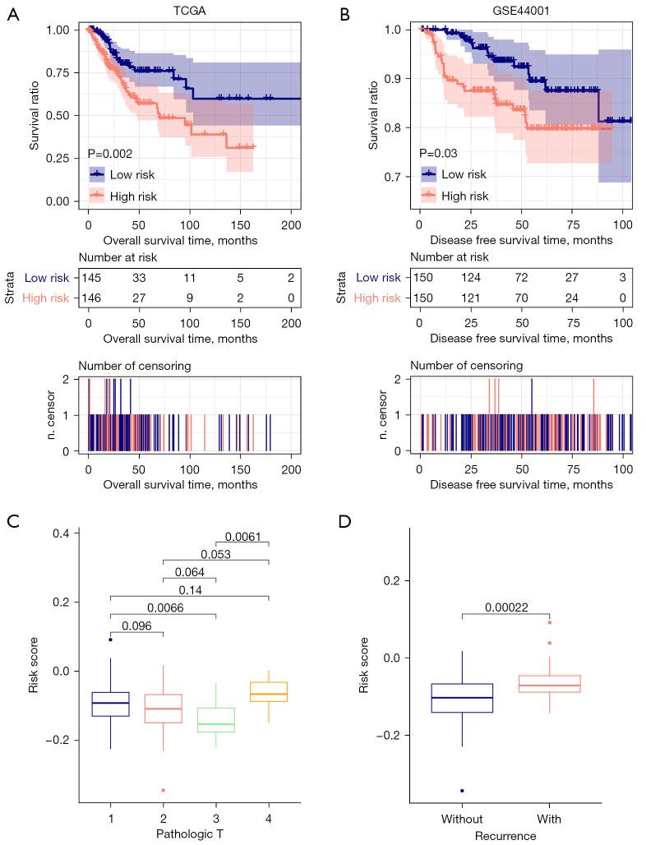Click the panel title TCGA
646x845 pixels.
190,12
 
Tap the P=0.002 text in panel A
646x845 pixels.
111,154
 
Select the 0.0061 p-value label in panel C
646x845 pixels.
242,537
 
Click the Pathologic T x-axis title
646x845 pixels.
190,836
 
